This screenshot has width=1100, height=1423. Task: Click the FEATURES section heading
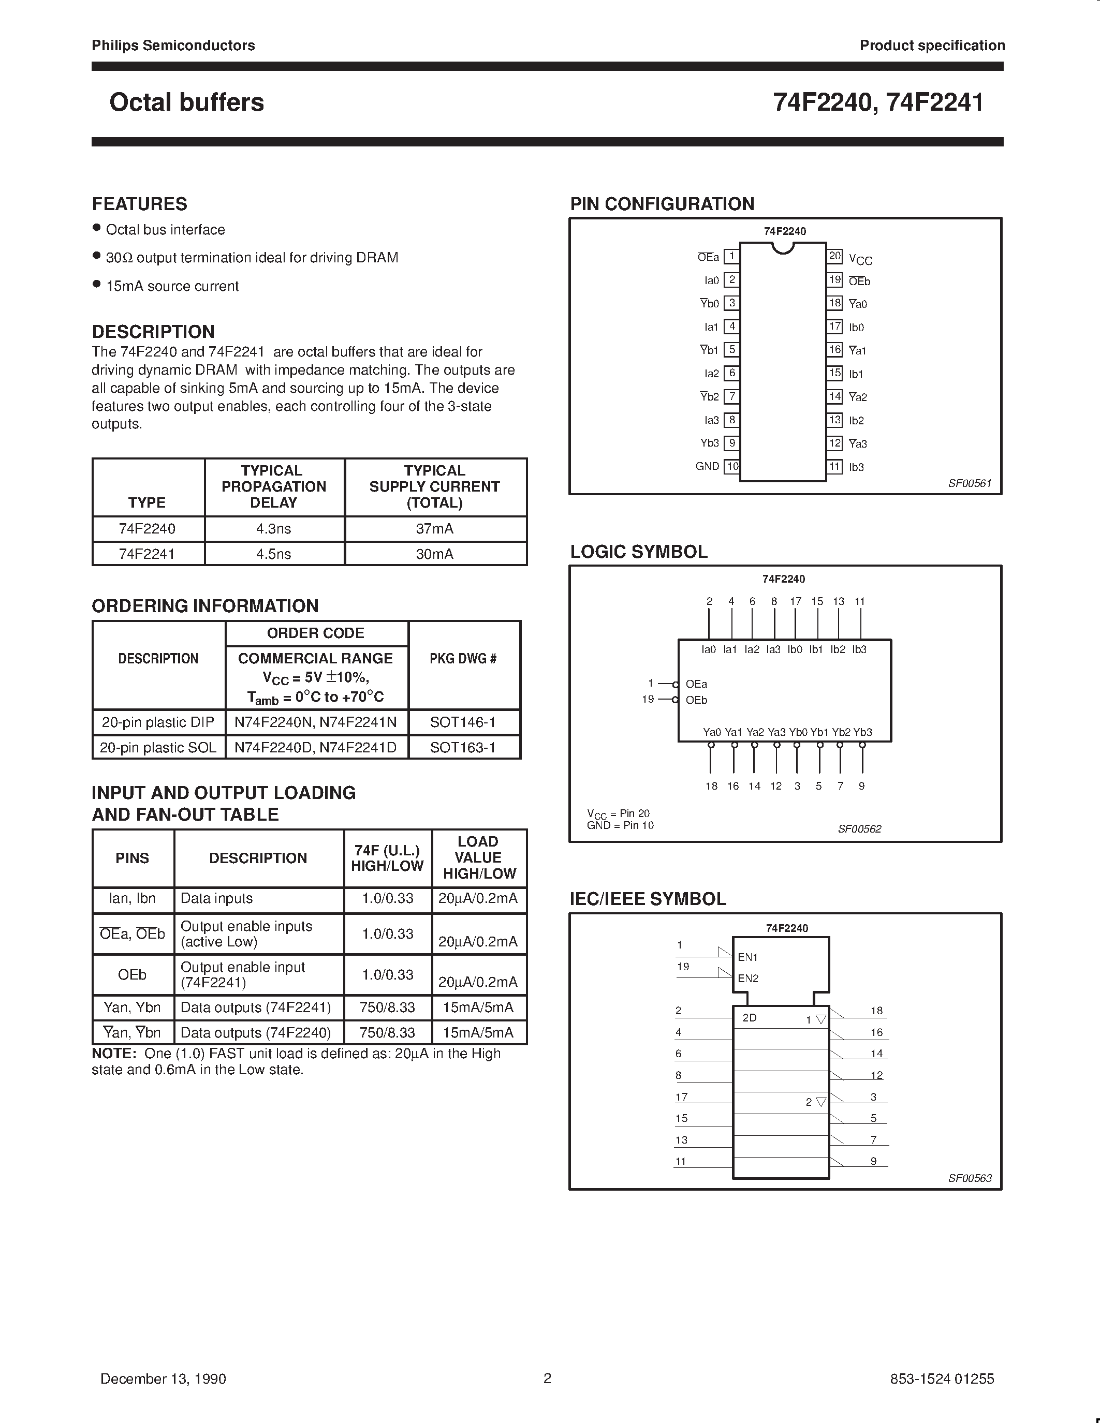(139, 204)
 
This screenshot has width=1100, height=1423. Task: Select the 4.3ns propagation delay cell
(274, 528)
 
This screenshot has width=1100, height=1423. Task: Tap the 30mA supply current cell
(435, 554)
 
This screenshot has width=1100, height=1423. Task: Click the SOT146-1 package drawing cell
(463, 722)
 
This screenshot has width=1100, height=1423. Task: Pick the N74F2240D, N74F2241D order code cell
(316, 747)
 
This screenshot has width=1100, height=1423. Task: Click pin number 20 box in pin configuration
(835, 256)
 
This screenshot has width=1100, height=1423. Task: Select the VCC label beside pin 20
(860, 259)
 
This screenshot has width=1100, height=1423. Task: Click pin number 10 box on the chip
(732, 467)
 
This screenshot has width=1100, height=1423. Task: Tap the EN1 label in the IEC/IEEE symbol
(747, 957)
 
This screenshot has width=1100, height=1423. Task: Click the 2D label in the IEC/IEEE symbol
(750, 1018)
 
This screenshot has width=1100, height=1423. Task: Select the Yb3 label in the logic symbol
(862, 732)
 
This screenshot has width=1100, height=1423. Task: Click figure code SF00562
(859, 829)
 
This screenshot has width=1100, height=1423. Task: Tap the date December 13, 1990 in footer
(163, 1378)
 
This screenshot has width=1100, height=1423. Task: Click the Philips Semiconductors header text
(173, 46)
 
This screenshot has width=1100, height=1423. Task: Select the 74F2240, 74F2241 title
(878, 102)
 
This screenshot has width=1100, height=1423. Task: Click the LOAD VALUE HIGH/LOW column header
(478, 857)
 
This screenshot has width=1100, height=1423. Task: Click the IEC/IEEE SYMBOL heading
(648, 899)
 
